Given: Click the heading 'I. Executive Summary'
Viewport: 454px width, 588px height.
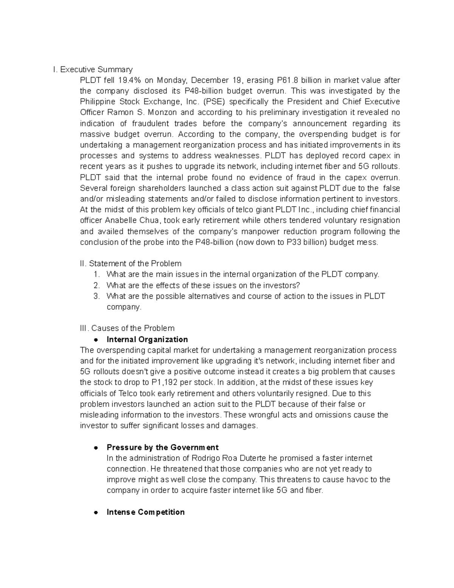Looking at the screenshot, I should pyautogui.click(x=93, y=69).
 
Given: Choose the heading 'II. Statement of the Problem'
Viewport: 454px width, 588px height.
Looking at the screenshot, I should pyautogui.click(x=131, y=264).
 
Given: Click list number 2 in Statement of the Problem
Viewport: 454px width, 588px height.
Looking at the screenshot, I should pyautogui.click(x=96, y=285).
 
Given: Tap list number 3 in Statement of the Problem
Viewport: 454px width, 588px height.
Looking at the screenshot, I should pyautogui.click(x=96, y=296).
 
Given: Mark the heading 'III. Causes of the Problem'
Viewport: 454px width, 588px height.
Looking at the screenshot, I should pyautogui.click(x=127, y=328).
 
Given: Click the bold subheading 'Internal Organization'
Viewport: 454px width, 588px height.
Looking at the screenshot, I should pyautogui.click(x=147, y=339).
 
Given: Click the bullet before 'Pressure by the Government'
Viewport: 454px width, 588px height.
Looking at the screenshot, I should pyautogui.click(x=96, y=448).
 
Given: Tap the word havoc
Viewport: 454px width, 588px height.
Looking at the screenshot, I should pyautogui.click(x=350, y=480).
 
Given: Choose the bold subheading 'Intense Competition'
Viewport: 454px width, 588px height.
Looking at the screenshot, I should pyautogui.click(x=146, y=512).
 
